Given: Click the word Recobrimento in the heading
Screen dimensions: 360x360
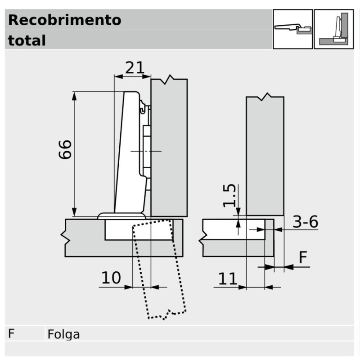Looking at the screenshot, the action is (x=64, y=20).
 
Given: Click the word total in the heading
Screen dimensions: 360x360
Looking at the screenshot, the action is (x=27, y=40).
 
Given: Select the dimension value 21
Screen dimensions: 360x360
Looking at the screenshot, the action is (x=135, y=68).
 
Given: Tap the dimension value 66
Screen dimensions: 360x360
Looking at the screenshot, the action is (x=65, y=149).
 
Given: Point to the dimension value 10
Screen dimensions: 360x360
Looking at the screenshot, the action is (x=111, y=278).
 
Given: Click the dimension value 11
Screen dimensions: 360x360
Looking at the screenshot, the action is (x=228, y=279).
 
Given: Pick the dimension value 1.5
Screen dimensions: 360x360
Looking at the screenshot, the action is (x=229, y=196).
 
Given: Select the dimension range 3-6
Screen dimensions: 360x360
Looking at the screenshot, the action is (x=306, y=222).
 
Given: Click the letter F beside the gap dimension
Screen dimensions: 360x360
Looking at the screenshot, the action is (x=303, y=257).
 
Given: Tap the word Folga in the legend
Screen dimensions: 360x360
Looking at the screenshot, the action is (x=63, y=334).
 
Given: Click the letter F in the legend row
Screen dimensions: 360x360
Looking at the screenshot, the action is (x=11, y=333).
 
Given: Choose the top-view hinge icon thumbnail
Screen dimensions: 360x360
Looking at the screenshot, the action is (x=293, y=29).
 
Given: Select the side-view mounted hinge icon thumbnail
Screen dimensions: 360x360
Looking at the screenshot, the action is (x=333, y=29).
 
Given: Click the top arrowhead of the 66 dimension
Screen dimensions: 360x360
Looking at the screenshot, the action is (x=74, y=96).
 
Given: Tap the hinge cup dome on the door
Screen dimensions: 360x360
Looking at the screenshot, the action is (x=121, y=216).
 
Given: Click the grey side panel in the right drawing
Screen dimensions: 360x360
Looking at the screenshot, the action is (x=265, y=156).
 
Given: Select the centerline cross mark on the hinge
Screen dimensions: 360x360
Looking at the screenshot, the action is (x=146, y=151).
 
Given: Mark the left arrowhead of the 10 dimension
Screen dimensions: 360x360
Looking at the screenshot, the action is (x=129, y=287).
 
